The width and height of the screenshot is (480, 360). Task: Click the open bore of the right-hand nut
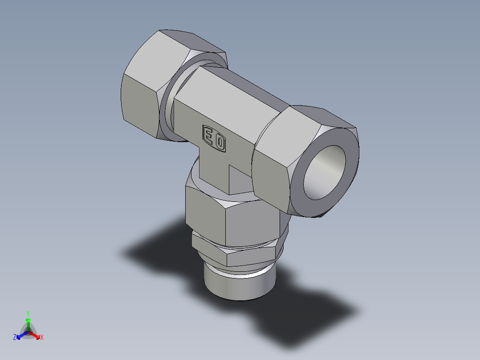324,172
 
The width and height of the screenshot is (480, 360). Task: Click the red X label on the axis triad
42,338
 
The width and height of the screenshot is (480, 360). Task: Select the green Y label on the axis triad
28,313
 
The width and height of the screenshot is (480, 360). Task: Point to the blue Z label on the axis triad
15,338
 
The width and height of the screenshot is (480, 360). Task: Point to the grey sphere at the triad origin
28,332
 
